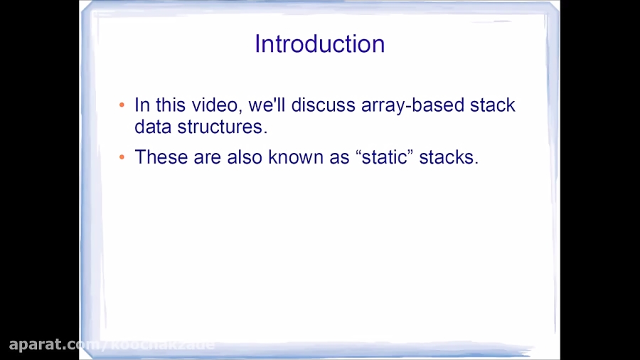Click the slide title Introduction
pos(319,44)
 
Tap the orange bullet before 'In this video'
pos(122,105)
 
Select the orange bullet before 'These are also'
pos(122,157)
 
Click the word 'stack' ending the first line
pos(492,105)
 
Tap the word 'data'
pos(150,127)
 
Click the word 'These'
pos(161,157)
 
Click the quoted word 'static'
pos(383,157)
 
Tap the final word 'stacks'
pos(448,157)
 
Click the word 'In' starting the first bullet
pos(142,105)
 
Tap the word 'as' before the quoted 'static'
pos(338,157)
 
